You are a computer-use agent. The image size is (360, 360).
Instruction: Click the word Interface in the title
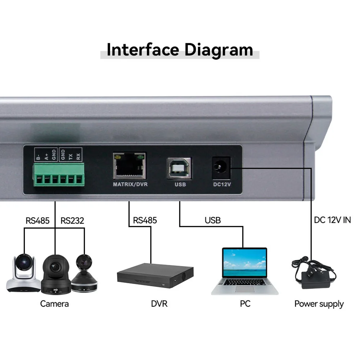coord(143,50)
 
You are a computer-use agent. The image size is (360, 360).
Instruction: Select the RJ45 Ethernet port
coord(130,166)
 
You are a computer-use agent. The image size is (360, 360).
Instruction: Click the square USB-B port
coord(179,168)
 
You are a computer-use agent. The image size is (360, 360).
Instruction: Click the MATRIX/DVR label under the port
coord(130,184)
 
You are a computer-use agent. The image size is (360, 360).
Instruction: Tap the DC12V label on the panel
coord(220,184)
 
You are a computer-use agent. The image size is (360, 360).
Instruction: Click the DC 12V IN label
coord(332,220)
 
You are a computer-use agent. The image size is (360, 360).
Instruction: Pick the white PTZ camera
coord(22,274)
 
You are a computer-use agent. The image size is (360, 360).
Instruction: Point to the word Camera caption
coord(54,303)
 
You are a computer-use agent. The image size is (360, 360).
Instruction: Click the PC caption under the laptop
coord(245,303)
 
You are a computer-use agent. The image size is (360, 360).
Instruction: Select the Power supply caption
coord(319,304)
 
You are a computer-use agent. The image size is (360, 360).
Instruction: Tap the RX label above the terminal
coord(79,156)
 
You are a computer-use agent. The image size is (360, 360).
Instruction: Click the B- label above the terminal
coord(38,157)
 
